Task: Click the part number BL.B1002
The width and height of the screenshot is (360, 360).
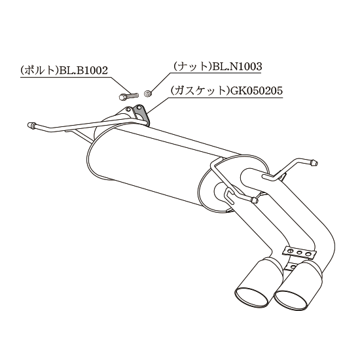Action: (x=83, y=71)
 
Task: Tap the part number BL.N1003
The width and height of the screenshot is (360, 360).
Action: (x=238, y=67)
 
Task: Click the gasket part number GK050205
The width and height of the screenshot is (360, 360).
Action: (x=256, y=91)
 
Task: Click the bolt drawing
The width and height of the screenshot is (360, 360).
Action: (x=129, y=96)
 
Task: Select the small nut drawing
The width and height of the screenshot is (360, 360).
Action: (x=147, y=94)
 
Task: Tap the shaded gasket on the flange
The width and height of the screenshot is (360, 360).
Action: (x=142, y=116)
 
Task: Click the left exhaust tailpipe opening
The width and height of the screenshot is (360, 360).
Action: (x=252, y=297)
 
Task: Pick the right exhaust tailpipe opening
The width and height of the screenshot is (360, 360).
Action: (x=291, y=301)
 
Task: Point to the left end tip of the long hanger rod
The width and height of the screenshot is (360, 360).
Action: (x=30, y=126)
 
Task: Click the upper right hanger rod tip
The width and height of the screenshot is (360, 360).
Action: (x=314, y=163)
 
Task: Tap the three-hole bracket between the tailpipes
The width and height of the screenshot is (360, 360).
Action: (x=299, y=253)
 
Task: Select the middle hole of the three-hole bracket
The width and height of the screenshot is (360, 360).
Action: (x=299, y=253)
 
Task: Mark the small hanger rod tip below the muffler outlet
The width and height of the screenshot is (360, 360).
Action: (x=255, y=200)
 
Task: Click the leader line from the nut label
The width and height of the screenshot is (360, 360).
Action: (x=160, y=82)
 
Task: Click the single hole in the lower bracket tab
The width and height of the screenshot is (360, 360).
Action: (x=293, y=266)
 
